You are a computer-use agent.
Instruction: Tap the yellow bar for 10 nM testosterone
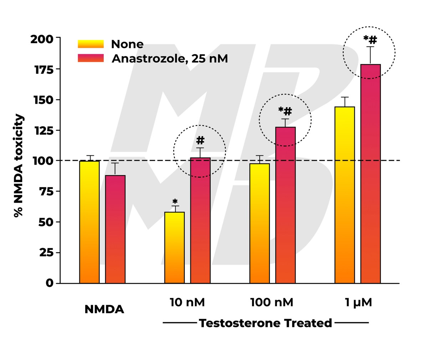tap(174, 247)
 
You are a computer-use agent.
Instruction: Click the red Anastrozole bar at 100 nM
tap(286, 205)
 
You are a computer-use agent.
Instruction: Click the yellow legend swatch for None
tap(91, 44)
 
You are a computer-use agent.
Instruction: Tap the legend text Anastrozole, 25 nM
tap(170, 58)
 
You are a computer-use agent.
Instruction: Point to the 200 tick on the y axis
tap(41, 38)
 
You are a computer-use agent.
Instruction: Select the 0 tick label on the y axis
tap(49, 283)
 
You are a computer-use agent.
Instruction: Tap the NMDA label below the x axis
tap(104, 309)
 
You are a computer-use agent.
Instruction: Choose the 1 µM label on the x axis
tap(358, 303)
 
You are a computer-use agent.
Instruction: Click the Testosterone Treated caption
tap(265, 323)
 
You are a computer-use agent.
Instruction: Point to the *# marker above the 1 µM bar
tap(370, 39)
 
